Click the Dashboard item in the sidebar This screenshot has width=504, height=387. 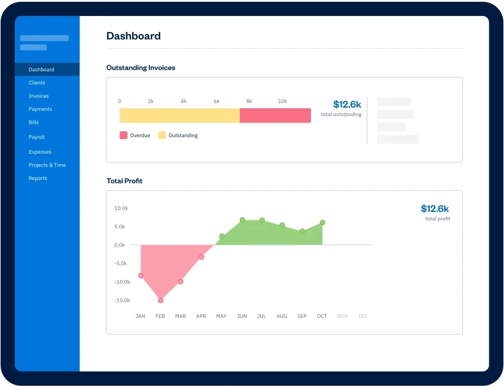click(41, 69)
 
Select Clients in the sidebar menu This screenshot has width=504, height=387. click(37, 83)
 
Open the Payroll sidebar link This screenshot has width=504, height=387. click(37, 137)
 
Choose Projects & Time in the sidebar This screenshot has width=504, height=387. click(47, 165)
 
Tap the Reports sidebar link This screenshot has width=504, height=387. click(38, 178)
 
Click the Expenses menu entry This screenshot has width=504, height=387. click(40, 152)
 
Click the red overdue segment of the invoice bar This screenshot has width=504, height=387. click(275, 115)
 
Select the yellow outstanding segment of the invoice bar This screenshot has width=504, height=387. click(180, 115)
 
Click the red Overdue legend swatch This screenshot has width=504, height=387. click(123, 135)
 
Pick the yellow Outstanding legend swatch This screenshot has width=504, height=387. click(162, 135)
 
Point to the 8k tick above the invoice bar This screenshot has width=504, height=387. click(249, 101)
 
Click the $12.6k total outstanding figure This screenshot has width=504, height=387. click(347, 104)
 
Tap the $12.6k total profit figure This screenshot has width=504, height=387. click(435, 208)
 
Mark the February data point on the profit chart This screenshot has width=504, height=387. click(160, 300)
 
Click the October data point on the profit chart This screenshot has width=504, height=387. click(322, 222)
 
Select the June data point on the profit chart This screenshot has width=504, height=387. click(242, 220)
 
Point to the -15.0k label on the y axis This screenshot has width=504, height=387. click(122, 300)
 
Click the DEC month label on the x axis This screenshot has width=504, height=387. click(363, 316)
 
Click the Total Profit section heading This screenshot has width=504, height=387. click(124, 181)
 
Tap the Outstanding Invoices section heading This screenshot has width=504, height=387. click(140, 67)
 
